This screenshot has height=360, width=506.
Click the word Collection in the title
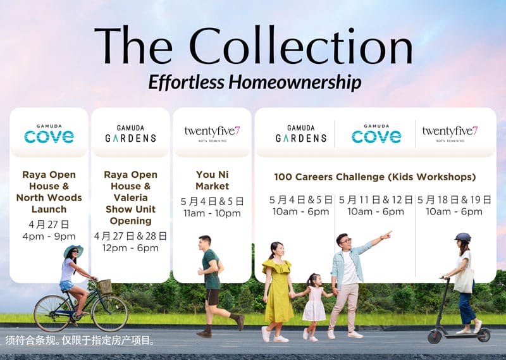tap(301, 46)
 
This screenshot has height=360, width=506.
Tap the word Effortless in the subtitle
tap(186, 82)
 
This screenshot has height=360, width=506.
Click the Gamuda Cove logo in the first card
tap(49, 134)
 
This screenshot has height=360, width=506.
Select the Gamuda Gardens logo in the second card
tap(131, 134)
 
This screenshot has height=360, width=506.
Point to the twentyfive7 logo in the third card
tap(212, 133)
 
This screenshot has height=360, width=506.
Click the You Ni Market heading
tap(212, 180)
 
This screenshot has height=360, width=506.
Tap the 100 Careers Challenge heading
tap(375, 177)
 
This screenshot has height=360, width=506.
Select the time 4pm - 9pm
tap(49, 237)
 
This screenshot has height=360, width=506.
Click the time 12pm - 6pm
tap(131, 248)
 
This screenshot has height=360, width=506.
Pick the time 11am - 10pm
tap(212, 213)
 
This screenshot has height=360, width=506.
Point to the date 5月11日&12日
tap(376, 200)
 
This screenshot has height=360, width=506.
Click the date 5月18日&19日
tap(454, 200)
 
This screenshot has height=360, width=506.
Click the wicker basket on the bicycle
tap(105, 287)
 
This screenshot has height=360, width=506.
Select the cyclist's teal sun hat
tap(73, 250)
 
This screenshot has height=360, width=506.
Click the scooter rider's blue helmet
tap(463, 237)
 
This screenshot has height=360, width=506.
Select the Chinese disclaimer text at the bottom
tap(80, 340)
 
